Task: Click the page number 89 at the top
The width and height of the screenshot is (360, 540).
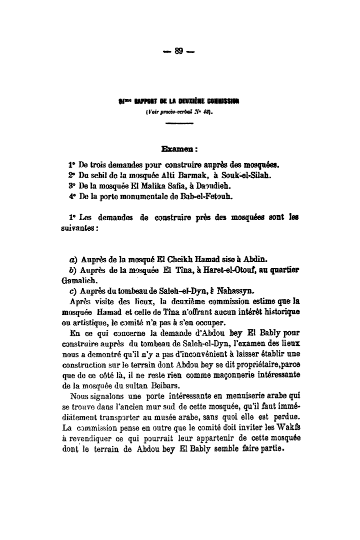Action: coord(179,51)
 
